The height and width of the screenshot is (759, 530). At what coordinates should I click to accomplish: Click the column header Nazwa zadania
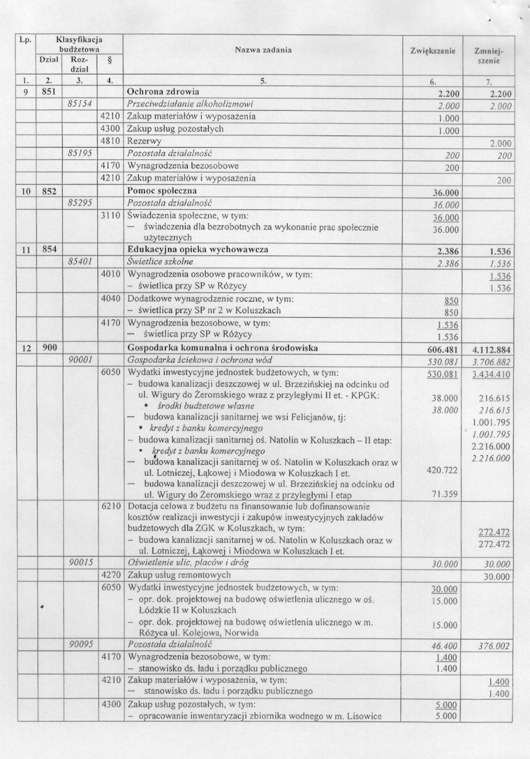coord(263,50)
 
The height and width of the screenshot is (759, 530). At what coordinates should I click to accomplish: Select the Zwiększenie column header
coord(432,51)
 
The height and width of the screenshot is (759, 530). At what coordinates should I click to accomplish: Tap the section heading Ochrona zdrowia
coord(162,92)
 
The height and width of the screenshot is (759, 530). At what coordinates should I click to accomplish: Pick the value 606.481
coord(441,348)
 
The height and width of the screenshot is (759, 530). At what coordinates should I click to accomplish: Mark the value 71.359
coord(444,494)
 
